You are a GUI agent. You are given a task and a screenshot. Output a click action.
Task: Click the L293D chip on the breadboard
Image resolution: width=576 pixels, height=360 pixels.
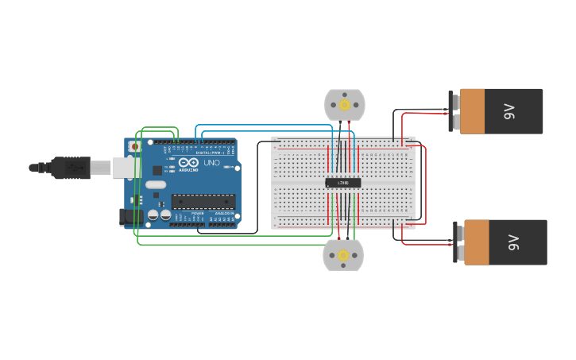[343, 183]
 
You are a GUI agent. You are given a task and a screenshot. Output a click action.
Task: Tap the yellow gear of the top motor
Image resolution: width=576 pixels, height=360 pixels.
[345, 104]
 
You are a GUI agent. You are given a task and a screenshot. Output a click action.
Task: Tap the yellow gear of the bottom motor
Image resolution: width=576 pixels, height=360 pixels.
[343, 255]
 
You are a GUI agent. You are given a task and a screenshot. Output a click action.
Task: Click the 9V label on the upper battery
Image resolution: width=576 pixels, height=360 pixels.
[509, 111]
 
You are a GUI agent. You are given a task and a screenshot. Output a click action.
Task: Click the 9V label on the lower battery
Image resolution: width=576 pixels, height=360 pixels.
[513, 242]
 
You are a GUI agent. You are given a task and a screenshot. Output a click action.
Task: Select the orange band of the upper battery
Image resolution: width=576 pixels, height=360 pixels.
[472, 111]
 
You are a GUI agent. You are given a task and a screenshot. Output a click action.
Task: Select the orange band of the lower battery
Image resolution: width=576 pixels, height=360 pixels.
[477, 242]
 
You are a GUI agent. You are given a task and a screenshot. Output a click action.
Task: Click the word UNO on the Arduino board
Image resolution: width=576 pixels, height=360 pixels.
[211, 163]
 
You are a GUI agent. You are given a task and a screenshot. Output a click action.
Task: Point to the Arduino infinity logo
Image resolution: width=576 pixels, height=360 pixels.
[187, 162]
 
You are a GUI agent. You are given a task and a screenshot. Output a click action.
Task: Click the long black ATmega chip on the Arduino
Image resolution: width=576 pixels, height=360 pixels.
[203, 201]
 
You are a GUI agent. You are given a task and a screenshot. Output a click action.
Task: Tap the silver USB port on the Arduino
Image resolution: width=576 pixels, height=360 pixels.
[126, 167]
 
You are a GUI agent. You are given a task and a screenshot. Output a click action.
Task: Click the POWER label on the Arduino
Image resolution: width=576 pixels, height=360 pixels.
[197, 214]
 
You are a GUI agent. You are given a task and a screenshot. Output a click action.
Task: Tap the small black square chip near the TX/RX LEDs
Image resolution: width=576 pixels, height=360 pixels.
[157, 170]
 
